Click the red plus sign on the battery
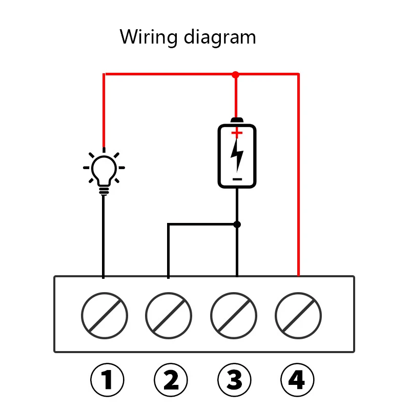click(x=237, y=133)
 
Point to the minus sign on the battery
click(x=237, y=179)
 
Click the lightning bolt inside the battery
click(x=237, y=156)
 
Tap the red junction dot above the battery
click(x=236, y=75)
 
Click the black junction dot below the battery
click(x=237, y=224)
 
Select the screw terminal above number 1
click(x=104, y=314)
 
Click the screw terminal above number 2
click(x=169, y=314)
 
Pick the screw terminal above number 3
click(x=234, y=314)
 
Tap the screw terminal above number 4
click(x=298, y=314)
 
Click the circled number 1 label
click(x=107, y=380)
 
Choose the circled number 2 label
click(x=171, y=380)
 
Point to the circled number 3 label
click(x=234, y=380)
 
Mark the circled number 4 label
click(x=297, y=380)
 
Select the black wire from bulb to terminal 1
click(x=104, y=236)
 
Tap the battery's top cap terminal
click(x=237, y=121)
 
